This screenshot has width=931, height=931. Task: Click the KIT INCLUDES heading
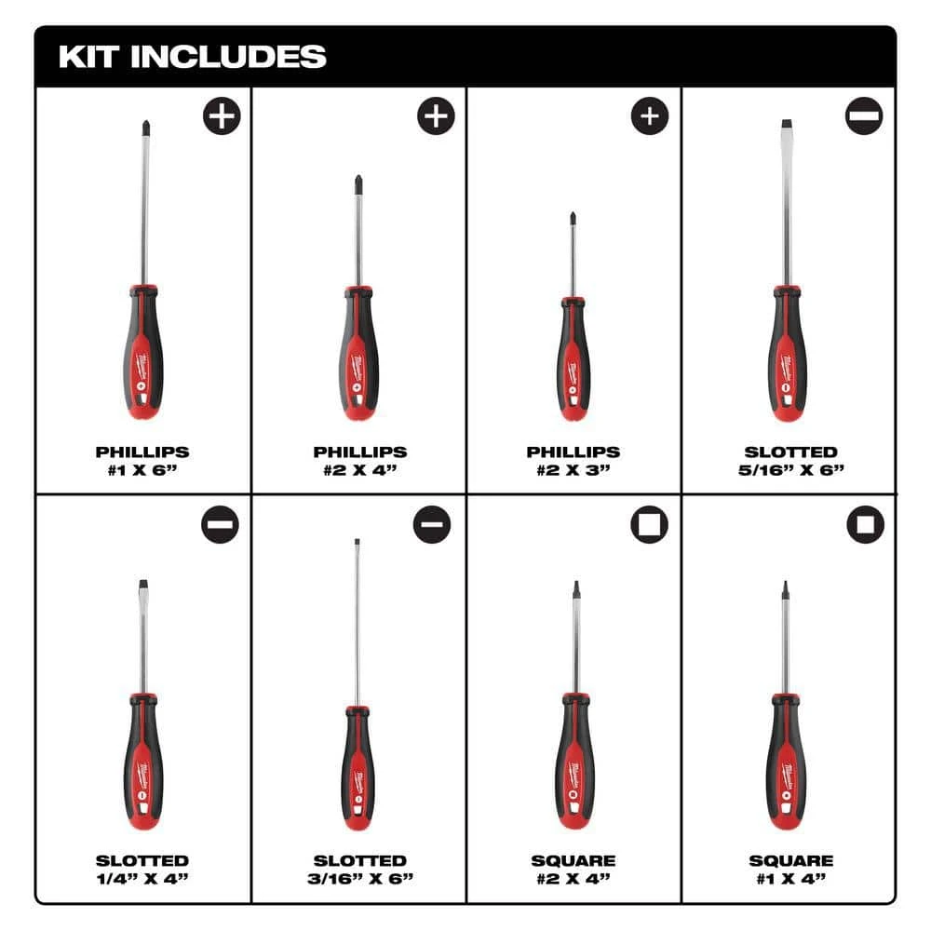coord(192,56)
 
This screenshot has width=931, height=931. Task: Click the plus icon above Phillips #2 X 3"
coord(650,116)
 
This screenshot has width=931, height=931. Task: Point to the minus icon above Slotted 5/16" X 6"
coord(864,116)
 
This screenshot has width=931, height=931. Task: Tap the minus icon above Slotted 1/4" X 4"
coord(220,525)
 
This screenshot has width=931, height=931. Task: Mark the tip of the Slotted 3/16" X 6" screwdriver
coord(357,544)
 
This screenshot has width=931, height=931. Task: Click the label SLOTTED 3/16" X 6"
coord(359,869)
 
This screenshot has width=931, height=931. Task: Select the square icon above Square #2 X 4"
coord(649,525)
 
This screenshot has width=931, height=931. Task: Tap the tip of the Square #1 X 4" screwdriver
coord(785,588)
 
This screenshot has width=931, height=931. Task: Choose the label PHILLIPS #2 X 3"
coord(573,460)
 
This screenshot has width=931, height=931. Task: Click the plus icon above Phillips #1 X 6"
coord(222,116)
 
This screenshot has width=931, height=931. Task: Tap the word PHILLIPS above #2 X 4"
coord(359,452)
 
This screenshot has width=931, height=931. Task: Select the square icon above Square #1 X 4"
coord(865,525)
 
